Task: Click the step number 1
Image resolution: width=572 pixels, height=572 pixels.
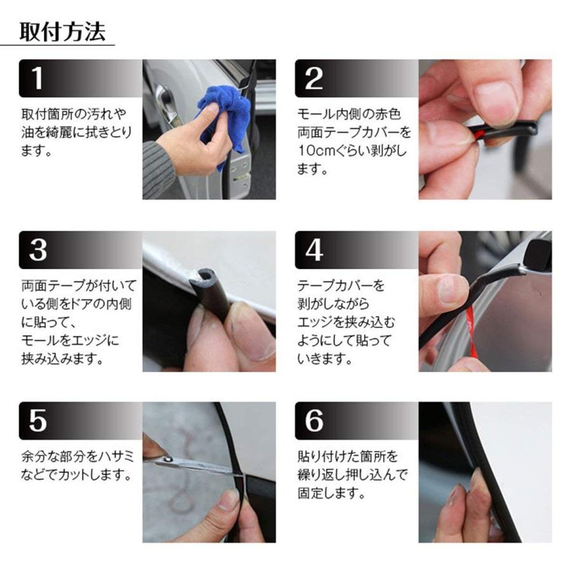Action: pyautogui.click(x=37, y=78)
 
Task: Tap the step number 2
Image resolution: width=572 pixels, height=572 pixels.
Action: pyautogui.click(x=313, y=78)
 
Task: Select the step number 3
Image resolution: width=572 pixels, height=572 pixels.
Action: pyautogui.click(x=38, y=250)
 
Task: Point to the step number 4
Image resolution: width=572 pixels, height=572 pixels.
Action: pyautogui.click(x=314, y=250)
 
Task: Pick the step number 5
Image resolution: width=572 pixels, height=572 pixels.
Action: pyautogui.click(x=38, y=421)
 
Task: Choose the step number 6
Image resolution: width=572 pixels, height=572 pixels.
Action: pyautogui.click(x=314, y=421)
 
